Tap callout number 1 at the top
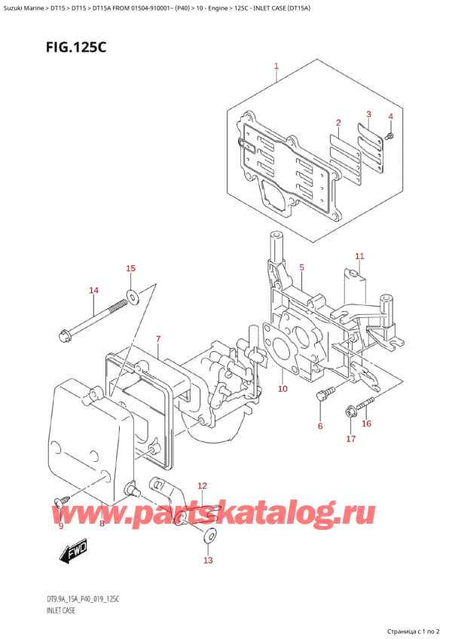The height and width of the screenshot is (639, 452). [276, 67]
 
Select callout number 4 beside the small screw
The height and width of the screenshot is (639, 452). [390, 117]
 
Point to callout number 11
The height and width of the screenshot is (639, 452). [359, 256]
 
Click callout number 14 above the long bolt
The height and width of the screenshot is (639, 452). [93, 290]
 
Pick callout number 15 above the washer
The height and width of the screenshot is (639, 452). [130, 269]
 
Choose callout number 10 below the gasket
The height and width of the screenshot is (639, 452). [282, 389]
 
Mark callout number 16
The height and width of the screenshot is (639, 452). [367, 423]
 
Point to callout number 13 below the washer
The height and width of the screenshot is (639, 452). [208, 559]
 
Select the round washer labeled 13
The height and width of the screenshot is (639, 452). [209, 537]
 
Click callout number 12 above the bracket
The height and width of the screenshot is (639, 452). [201, 486]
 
